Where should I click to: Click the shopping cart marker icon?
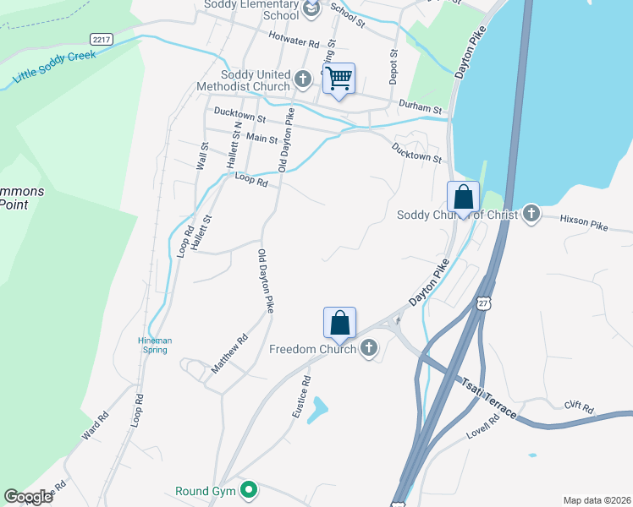[339, 79]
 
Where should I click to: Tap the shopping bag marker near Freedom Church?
[339, 323]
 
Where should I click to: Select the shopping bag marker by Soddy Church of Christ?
[463, 198]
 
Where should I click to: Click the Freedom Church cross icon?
[368, 348]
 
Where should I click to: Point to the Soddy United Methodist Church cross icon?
[304, 80]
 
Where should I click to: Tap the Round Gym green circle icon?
[249, 490]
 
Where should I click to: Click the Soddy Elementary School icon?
[311, 9]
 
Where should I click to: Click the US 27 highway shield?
[483, 303]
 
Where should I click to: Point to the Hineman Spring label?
[155, 345]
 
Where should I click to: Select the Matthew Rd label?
[229, 354]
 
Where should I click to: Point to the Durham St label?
[421, 109]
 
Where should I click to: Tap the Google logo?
[28, 497]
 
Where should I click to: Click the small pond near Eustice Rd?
[317, 410]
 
